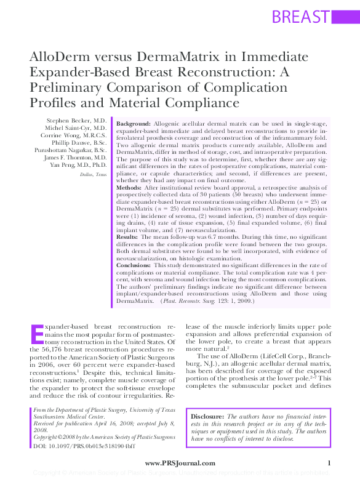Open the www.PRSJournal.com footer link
coord(180,462)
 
